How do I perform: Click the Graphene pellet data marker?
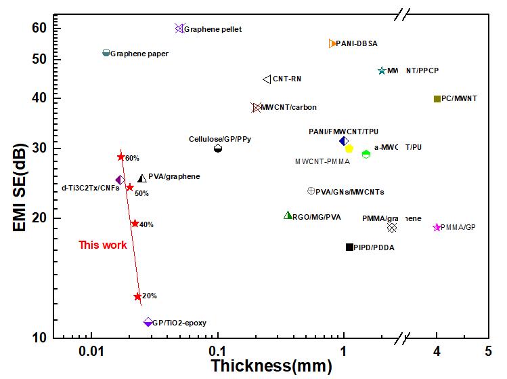179,28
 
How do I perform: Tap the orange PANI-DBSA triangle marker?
332,43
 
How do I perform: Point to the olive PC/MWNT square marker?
437,99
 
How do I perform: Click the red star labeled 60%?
121,157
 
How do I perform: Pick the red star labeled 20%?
137,296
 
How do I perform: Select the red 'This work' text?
103,245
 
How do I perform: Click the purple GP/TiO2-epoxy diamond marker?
148,322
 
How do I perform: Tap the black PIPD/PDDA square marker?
349,247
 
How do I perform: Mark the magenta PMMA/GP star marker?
437,227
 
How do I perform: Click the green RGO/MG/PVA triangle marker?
288,216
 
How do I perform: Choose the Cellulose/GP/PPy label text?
218,139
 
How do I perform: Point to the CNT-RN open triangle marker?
267,79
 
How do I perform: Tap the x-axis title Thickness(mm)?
271,367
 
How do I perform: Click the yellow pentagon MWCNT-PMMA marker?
349,148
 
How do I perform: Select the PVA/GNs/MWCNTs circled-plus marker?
311,191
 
